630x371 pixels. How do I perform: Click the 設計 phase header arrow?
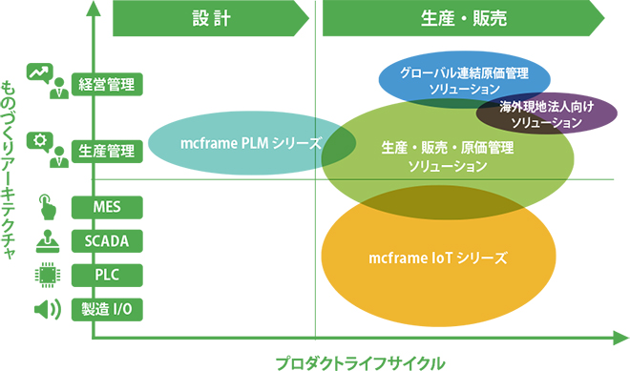[210, 18]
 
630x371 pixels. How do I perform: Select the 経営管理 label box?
[107, 83]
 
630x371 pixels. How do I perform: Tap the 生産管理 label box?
[107, 151]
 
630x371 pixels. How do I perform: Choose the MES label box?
[107, 207]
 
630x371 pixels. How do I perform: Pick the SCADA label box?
[107, 240]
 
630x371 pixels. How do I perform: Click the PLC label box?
[107, 275]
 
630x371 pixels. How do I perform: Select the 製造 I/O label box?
[107, 309]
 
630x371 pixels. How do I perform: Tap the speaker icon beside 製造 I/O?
[46, 309]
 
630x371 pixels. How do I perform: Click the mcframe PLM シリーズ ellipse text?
[250, 144]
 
